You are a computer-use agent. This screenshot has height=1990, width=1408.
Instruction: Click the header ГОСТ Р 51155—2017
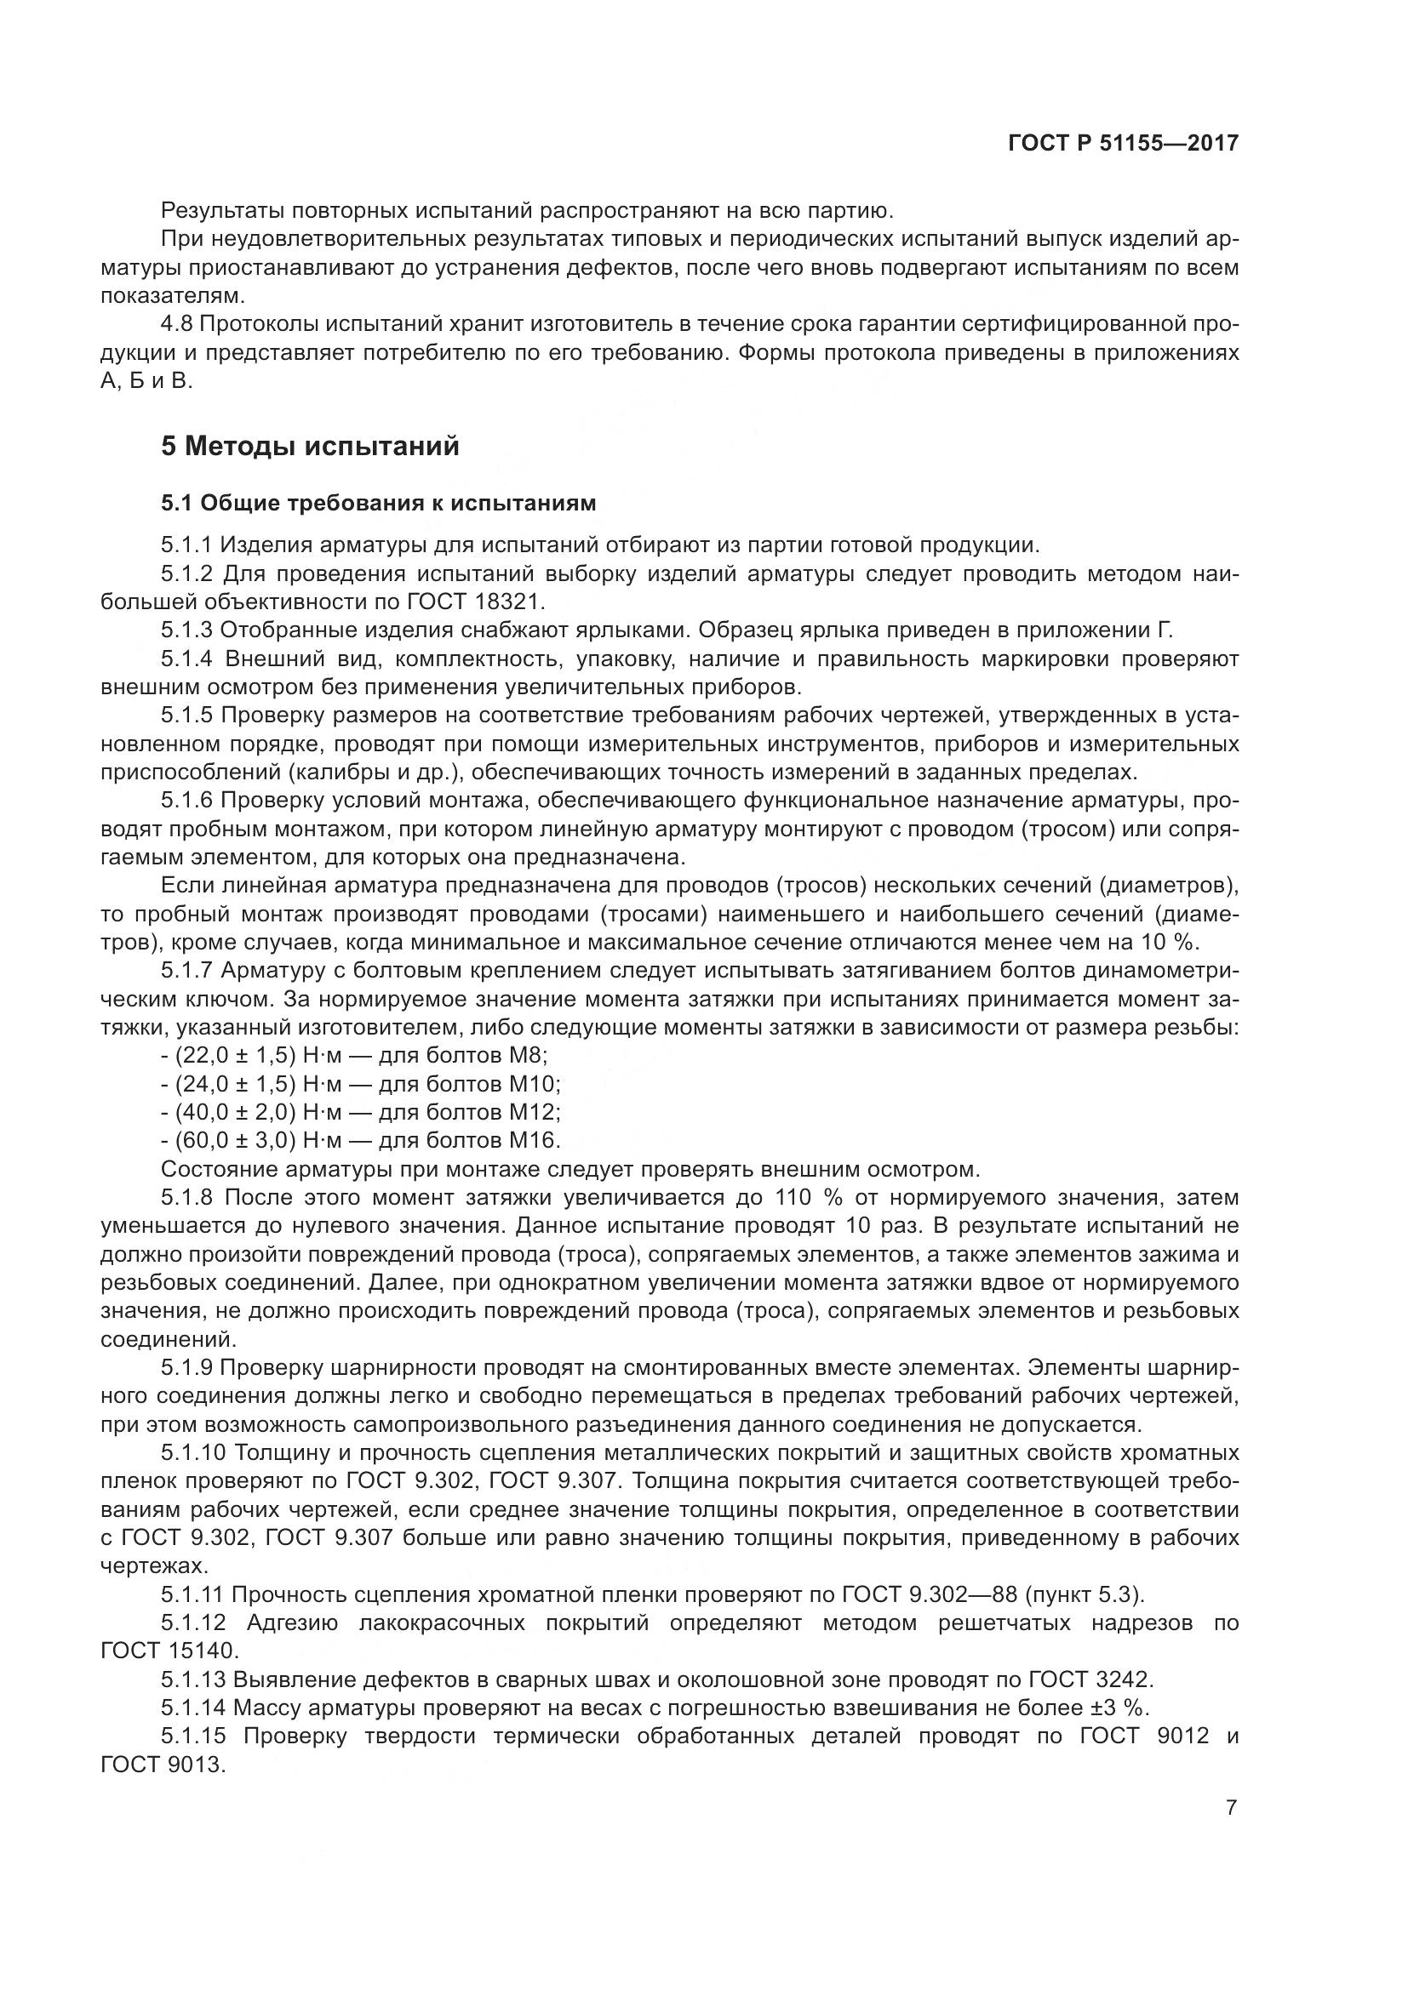1123,144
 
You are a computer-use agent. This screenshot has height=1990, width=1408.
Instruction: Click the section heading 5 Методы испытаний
310,447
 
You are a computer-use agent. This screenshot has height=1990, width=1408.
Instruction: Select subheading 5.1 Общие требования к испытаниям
378,503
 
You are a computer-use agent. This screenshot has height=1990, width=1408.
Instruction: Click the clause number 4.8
180,324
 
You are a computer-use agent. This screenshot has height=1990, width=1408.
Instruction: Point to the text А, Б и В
145,380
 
